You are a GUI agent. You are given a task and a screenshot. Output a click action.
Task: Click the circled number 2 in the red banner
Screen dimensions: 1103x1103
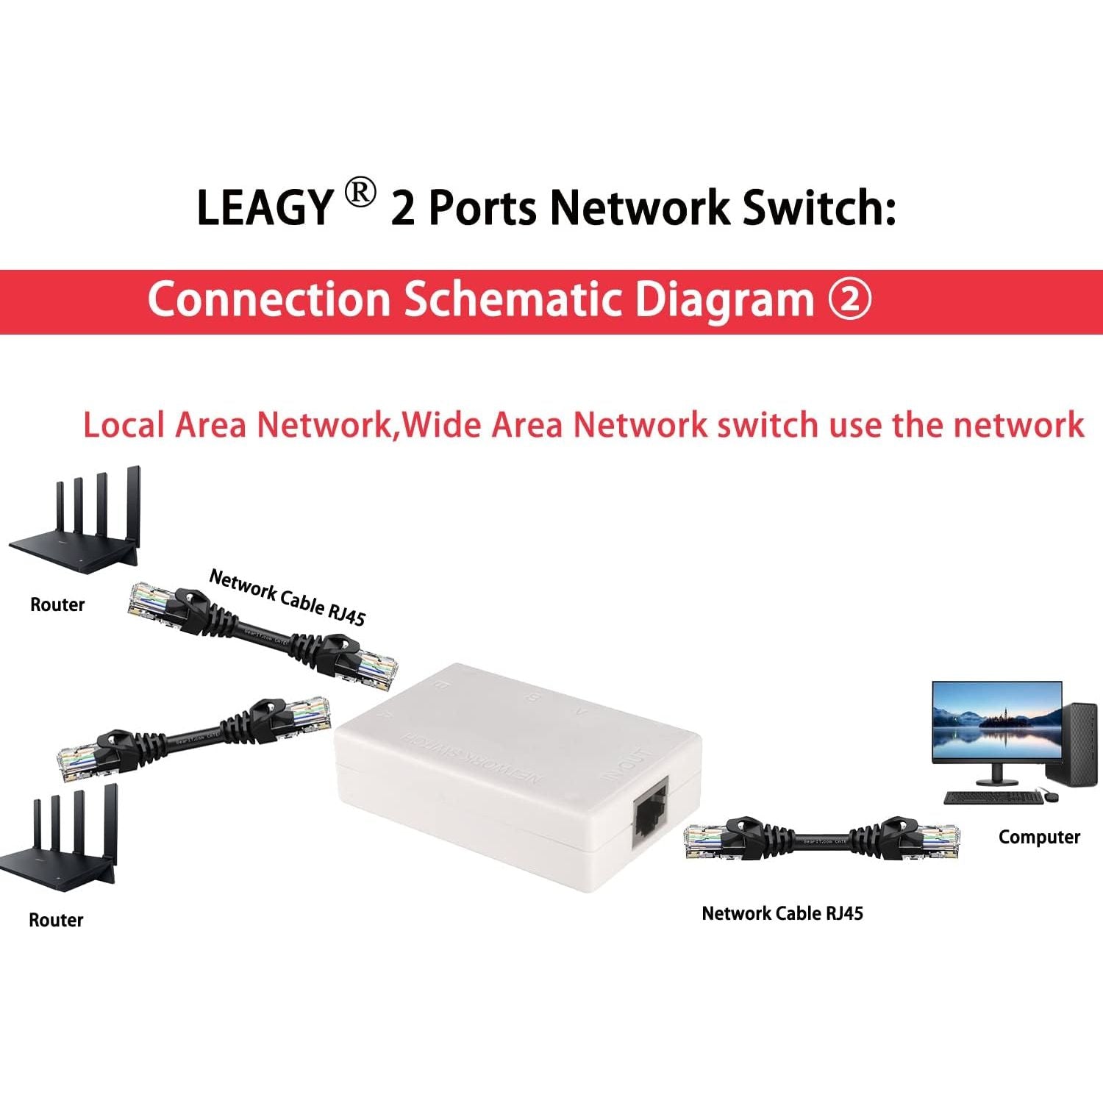[850, 300]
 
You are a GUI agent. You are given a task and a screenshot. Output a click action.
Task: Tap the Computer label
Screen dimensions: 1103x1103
[1038, 837]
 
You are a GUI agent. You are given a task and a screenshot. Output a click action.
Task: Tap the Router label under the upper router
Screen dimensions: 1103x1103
[57, 604]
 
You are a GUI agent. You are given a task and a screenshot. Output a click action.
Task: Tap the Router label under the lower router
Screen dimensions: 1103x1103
[56, 920]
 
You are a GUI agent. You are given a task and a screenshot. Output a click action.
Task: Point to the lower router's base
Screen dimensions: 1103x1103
[59, 871]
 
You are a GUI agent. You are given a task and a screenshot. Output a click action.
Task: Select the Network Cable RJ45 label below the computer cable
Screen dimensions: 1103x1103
[782, 913]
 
